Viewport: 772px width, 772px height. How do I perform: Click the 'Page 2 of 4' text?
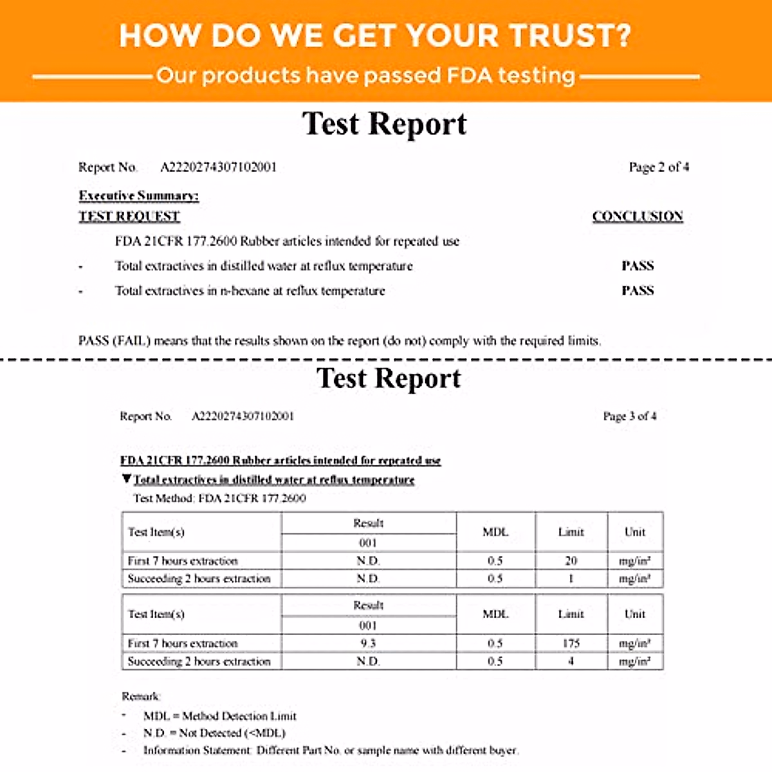coord(659,167)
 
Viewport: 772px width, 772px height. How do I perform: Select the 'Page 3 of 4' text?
coord(630,416)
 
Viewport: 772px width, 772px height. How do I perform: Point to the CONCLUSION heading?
coord(638,216)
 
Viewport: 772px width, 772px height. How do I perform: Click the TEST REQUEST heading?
coord(129,216)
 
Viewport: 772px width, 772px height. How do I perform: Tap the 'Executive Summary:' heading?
coord(139,196)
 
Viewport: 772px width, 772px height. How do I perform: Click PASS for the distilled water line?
coord(638,266)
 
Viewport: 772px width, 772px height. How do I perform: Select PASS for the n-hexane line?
coord(638,291)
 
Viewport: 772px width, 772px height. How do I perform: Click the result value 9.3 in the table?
coord(368,643)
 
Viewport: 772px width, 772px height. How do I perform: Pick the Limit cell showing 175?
coord(571,643)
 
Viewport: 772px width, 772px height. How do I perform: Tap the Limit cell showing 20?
coord(571,561)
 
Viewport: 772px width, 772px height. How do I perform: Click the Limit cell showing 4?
coord(571,661)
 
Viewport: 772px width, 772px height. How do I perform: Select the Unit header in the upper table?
coord(634,532)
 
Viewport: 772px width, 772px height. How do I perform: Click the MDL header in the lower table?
coord(495,614)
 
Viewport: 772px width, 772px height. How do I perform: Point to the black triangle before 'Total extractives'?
coord(127,479)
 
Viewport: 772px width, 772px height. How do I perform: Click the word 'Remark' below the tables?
coord(141,696)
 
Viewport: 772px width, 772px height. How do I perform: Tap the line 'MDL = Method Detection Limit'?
coord(220,716)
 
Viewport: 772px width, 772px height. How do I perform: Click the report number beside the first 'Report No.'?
coord(218,167)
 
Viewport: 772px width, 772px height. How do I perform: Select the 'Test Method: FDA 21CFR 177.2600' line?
coord(219,498)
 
